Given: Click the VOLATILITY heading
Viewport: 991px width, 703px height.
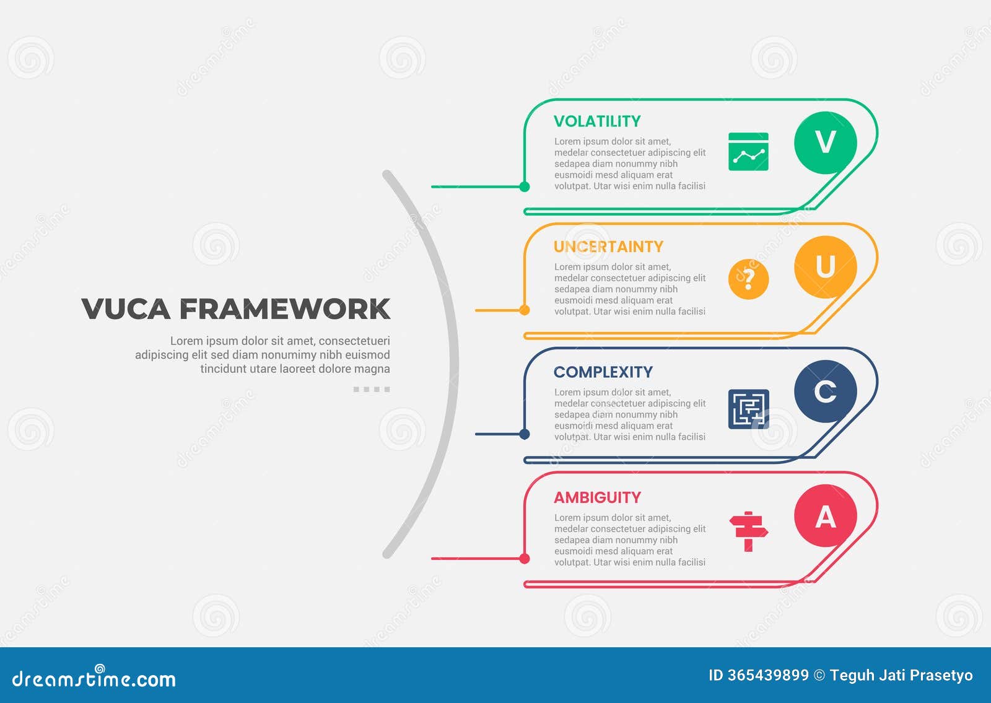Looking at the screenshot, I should (596, 121).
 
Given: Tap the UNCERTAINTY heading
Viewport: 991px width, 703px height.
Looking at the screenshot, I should (608, 247).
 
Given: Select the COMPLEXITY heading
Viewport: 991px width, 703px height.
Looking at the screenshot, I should (603, 372).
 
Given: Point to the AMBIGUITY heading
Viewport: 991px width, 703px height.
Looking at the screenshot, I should (597, 497).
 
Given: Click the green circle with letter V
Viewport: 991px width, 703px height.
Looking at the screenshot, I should (825, 142).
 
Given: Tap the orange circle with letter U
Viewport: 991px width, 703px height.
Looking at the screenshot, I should (825, 267).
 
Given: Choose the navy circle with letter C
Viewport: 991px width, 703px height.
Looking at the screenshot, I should (825, 391).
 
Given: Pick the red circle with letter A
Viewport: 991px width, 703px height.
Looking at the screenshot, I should (825, 516).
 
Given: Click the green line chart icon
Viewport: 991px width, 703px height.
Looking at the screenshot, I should (748, 152).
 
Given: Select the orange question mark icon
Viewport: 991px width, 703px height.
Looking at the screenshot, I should (748, 279).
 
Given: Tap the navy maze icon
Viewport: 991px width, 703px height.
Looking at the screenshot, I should (748, 409).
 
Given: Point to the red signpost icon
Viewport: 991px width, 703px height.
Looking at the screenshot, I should (748, 531).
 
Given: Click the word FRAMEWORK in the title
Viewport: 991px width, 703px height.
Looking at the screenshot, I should (285, 309).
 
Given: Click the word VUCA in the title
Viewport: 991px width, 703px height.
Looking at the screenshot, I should (126, 309).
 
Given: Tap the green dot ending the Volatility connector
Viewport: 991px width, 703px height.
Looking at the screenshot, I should (525, 186).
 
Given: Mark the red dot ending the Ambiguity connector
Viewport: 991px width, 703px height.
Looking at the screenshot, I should (525, 559).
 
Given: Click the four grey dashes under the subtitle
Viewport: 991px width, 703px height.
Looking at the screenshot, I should (372, 390).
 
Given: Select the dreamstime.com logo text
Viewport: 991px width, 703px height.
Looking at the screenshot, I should (94, 679).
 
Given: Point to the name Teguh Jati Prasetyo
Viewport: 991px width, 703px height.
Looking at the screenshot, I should (901, 675).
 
